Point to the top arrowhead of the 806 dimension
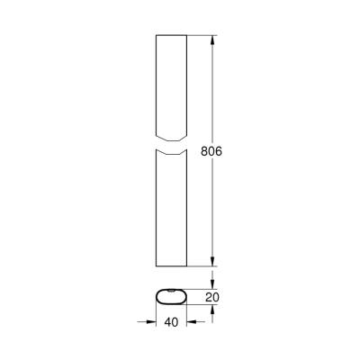[x=212, y=40]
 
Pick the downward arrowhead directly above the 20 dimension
[x=212, y=283]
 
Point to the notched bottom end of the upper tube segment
[x=171, y=140]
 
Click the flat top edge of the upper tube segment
[x=171, y=37]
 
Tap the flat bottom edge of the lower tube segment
[x=171, y=266]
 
